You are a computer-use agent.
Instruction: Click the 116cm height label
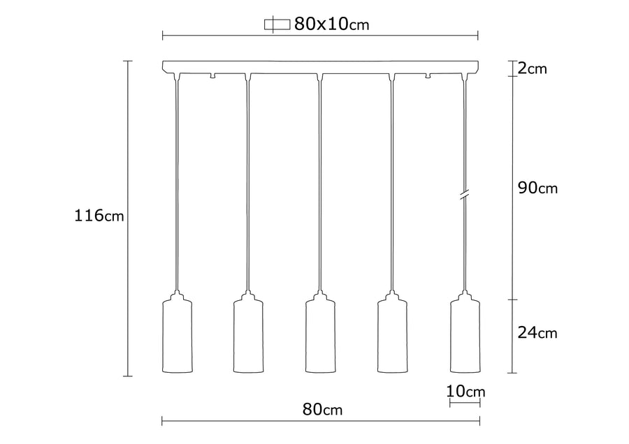pyautogui.click(x=99, y=216)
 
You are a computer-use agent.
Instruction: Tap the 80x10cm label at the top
pyautogui.click(x=331, y=24)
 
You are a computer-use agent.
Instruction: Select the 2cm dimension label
pyautogui.click(x=533, y=68)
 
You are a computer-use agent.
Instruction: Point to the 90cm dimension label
pyautogui.click(x=537, y=188)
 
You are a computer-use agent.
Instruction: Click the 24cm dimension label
pyautogui.click(x=537, y=332)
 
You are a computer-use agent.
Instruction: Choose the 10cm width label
pyautogui.click(x=465, y=391)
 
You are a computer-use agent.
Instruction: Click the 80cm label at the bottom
pyautogui.click(x=322, y=410)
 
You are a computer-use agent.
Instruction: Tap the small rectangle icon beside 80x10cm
pyautogui.click(x=277, y=24)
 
